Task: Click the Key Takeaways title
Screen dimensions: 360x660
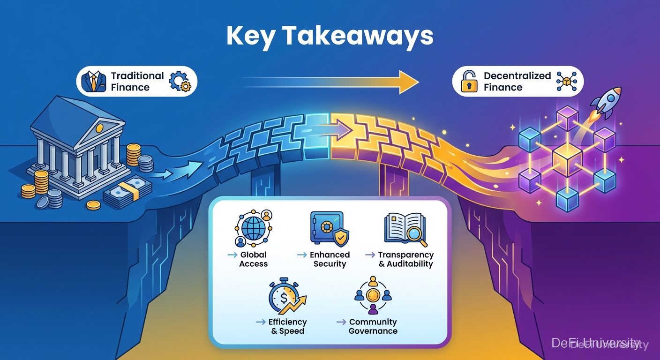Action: point(330,36)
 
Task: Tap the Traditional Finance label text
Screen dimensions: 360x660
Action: point(137,82)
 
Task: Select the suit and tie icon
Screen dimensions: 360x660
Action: point(94,82)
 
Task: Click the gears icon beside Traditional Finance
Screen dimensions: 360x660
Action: point(180,82)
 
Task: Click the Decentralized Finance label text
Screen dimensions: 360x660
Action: point(517,82)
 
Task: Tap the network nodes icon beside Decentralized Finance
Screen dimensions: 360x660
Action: point(566,82)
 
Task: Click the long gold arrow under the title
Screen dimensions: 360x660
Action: point(330,82)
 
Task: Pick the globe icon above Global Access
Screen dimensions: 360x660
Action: point(254,229)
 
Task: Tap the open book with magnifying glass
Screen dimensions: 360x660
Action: point(405,229)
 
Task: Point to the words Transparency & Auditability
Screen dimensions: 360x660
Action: point(406,259)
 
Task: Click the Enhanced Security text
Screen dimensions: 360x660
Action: point(330,259)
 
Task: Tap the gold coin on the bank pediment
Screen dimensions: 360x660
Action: point(99,127)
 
